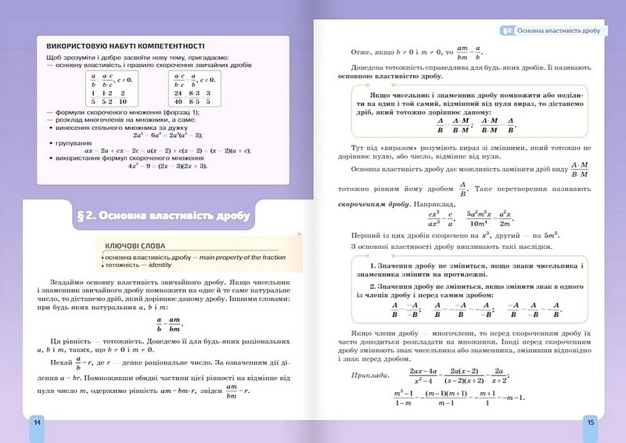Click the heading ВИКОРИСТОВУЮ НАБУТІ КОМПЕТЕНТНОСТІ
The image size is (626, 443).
point(125,46)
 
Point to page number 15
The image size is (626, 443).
point(590,422)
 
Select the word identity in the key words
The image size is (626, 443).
point(160,265)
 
